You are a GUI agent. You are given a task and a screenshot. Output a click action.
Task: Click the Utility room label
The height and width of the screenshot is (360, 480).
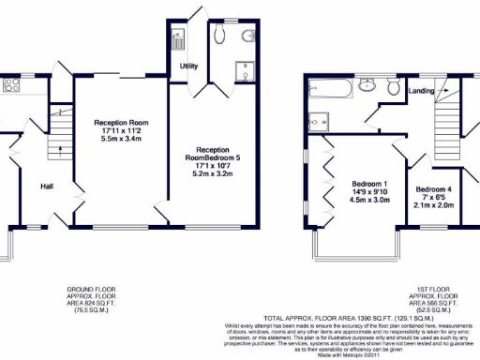click(187, 67)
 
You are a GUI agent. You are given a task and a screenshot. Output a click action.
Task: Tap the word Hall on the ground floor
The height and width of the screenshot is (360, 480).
click(47, 186)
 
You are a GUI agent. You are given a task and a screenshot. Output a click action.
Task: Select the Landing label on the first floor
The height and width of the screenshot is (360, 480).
click(422, 90)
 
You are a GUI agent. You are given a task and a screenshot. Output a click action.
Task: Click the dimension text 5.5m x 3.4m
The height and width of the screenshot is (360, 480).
click(120, 139)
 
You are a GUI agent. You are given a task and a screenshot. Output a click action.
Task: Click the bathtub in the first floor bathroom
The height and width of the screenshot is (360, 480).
click(332, 91)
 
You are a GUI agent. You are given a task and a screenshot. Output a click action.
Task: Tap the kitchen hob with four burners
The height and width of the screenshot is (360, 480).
click(13, 85)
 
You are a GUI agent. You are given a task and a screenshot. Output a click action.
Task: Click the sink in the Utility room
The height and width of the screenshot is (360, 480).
click(179, 40)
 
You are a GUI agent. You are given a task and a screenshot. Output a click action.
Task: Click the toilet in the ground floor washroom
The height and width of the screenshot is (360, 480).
click(249, 37)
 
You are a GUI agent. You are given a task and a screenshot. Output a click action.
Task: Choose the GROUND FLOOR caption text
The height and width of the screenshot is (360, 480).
click(91, 288)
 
